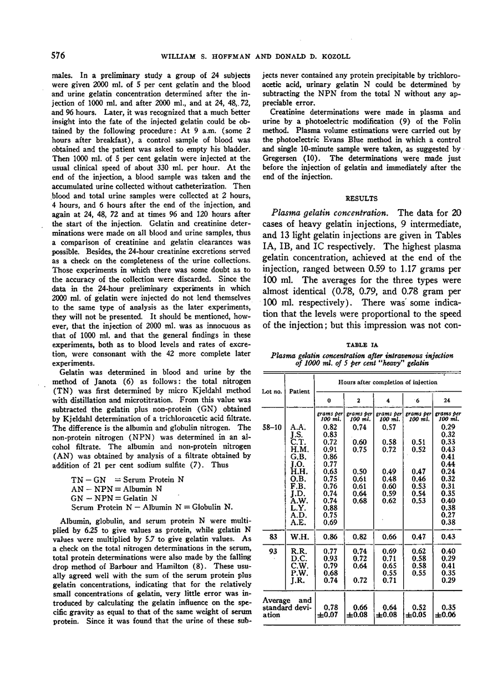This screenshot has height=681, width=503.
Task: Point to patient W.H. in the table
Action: click(298, 537)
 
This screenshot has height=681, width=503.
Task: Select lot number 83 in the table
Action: click(272, 537)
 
